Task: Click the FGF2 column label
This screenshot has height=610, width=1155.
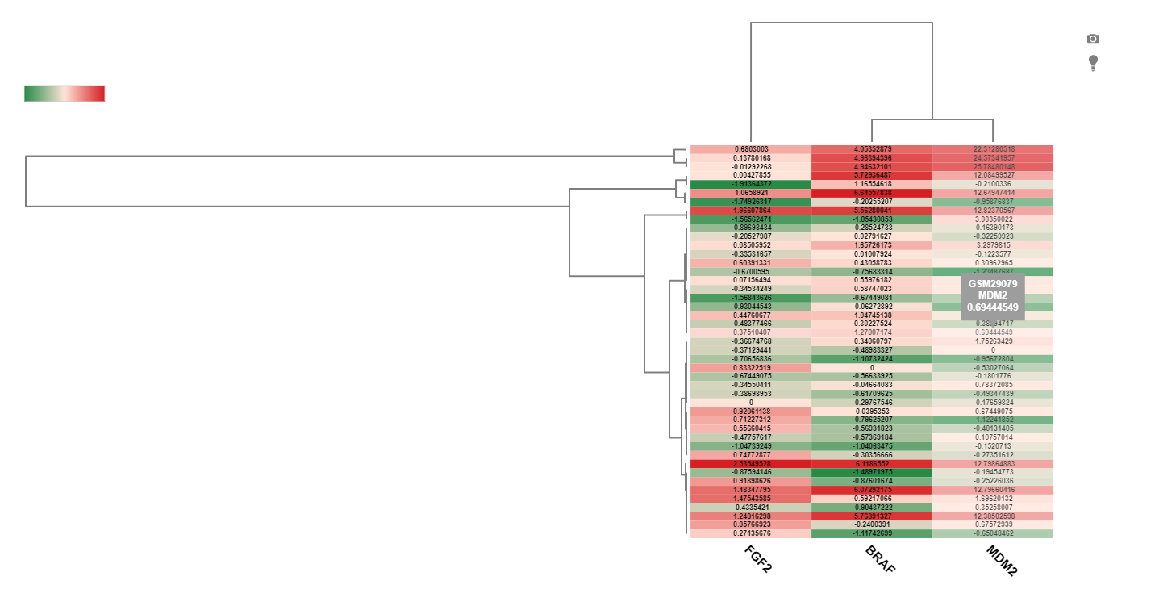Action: [758, 559]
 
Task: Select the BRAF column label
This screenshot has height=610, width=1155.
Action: [880, 559]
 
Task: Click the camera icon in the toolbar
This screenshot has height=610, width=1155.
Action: [1093, 39]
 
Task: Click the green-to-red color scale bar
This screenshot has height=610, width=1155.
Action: [65, 94]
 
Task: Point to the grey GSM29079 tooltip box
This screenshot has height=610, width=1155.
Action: [993, 296]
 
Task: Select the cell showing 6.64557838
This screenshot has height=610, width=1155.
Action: [872, 193]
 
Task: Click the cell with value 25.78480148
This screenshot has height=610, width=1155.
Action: [993, 167]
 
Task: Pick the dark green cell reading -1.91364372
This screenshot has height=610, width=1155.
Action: [751, 184]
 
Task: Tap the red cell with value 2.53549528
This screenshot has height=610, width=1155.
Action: [751, 464]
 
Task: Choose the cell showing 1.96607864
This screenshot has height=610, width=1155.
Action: [751, 211]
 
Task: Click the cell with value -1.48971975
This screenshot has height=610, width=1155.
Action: [872, 473]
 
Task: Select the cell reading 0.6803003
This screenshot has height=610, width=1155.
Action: [751, 149]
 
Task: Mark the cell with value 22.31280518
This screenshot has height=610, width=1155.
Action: [993, 149]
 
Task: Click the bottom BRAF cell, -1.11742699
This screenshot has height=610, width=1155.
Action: [872, 533]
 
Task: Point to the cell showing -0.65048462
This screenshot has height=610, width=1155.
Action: [993, 533]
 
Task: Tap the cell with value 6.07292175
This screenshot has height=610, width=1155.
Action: [872, 490]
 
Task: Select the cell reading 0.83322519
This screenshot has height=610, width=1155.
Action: [751, 368]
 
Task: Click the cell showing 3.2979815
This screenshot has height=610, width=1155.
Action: [993, 245]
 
